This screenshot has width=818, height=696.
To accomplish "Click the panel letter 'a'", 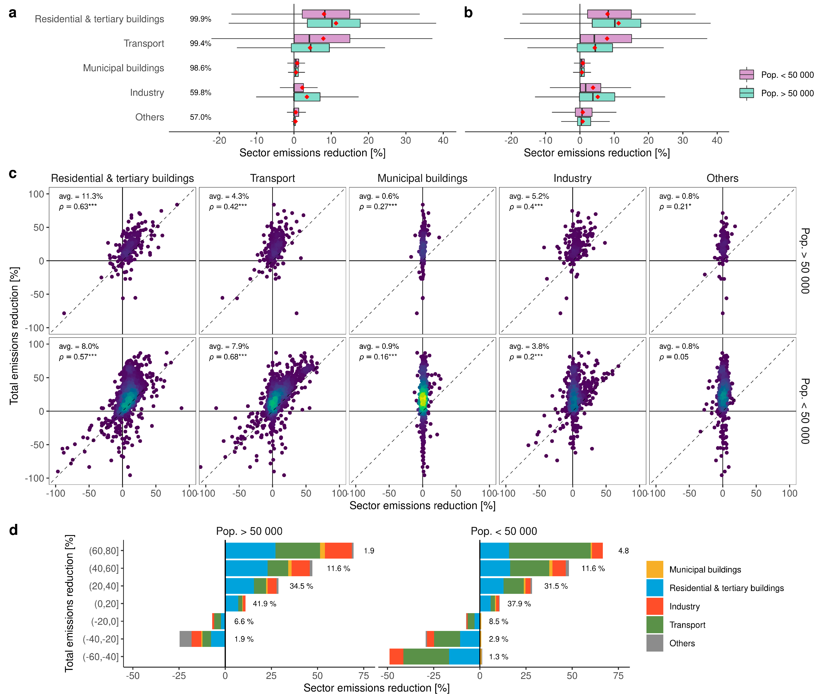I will point(13,13).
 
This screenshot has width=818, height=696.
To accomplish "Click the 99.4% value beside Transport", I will point(200,43).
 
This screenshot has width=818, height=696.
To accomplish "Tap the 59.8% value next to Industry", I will point(200,93).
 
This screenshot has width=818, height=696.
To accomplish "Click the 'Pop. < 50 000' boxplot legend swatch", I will point(746,75).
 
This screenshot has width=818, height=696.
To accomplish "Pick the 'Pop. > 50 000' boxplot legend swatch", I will point(746,93).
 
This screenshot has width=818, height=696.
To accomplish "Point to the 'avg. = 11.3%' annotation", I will point(81,196).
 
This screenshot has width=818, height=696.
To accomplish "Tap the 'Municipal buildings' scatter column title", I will point(422,178).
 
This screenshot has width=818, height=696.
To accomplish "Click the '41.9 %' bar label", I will point(264,604).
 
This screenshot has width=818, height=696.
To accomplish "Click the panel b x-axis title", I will point(596,153).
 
